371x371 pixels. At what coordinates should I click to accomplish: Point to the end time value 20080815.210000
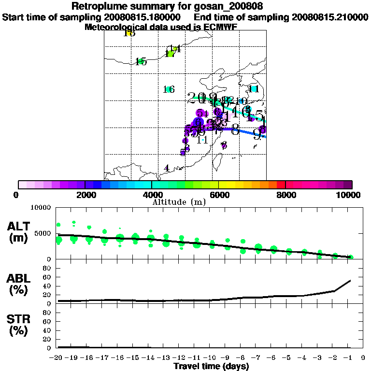(x=330, y=17)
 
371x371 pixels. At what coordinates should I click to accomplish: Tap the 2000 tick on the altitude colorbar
(x=85, y=195)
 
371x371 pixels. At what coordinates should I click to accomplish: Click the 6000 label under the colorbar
(x=219, y=195)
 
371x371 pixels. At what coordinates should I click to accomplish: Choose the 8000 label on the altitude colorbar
(x=285, y=195)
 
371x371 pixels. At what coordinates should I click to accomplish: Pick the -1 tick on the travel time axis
(x=350, y=358)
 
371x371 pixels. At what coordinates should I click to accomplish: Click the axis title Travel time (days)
(x=211, y=366)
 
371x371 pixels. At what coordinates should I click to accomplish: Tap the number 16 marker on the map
(x=169, y=89)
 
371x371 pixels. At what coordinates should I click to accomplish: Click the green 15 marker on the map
(x=141, y=61)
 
